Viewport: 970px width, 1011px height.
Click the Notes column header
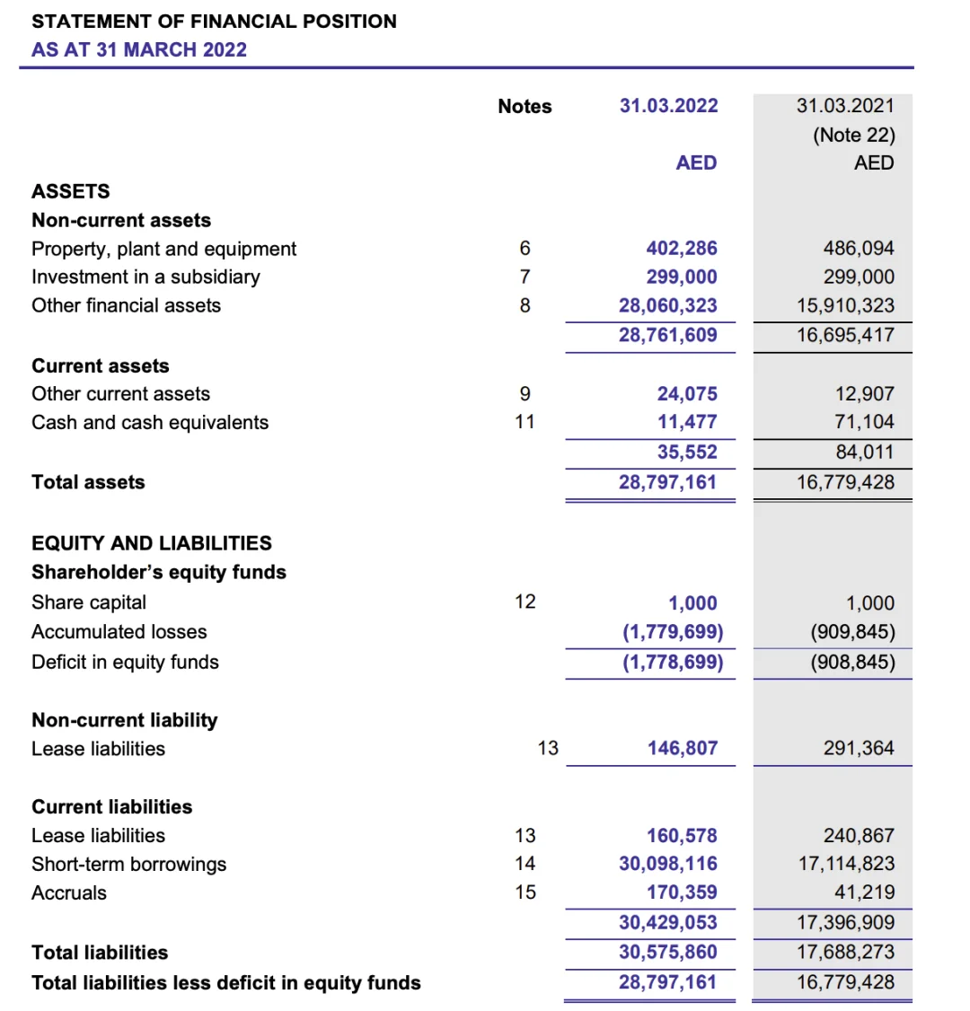(x=525, y=107)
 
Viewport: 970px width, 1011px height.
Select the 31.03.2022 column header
(x=668, y=106)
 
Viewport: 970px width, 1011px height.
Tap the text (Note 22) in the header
(x=854, y=135)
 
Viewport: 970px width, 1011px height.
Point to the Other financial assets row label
(x=126, y=305)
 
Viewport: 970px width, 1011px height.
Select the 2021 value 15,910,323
(x=845, y=305)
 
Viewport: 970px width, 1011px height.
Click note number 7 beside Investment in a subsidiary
(x=525, y=277)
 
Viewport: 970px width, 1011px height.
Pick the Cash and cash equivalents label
(x=150, y=423)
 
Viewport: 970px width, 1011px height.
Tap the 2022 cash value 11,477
(x=687, y=422)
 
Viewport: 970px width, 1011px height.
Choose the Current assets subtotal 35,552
(x=687, y=452)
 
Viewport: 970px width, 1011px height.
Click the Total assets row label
(x=88, y=482)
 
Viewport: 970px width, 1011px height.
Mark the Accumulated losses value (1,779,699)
(x=673, y=632)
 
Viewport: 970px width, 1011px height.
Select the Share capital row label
(x=89, y=602)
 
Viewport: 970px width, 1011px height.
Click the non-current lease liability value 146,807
(x=683, y=748)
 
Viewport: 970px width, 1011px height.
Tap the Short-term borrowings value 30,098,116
(x=668, y=864)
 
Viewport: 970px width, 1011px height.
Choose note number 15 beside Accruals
(x=525, y=892)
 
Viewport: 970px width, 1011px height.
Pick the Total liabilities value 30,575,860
(x=668, y=952)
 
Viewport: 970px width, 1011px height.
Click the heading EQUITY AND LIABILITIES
(x=152, y=543)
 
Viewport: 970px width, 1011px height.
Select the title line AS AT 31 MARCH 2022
(x=139, y=50)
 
